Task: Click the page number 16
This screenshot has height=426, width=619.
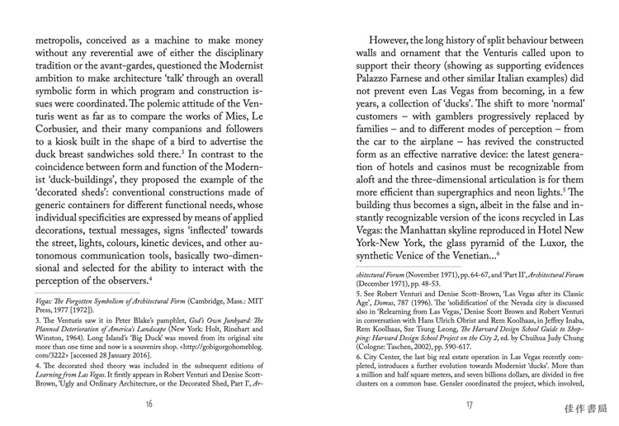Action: pyautogui.click(x=149, y=404)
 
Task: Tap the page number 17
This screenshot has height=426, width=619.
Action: pyautogui.click(x=470, y=404)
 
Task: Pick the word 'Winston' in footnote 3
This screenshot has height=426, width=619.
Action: pyautogui.click(x=51, y=335)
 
